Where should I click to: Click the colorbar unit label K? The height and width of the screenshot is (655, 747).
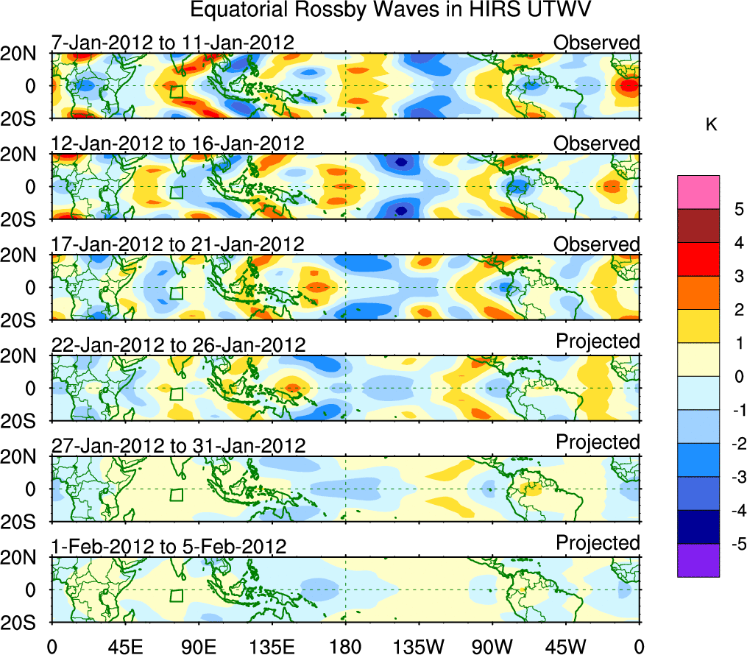coord(711,126)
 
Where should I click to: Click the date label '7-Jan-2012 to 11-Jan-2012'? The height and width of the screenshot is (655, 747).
coord(173,43)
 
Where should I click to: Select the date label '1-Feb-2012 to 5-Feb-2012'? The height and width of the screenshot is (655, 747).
coord(169,546)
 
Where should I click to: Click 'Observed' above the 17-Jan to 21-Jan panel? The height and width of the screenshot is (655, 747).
coord(597,244)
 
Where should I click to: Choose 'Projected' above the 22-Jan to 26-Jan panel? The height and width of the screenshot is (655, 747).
coord(598,341)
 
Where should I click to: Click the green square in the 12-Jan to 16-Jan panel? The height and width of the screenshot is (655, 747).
coord(176,192)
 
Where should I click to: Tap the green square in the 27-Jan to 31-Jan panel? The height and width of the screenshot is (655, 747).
coord(176,495)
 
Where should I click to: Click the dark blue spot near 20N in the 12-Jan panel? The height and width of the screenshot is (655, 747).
coord(401,162)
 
